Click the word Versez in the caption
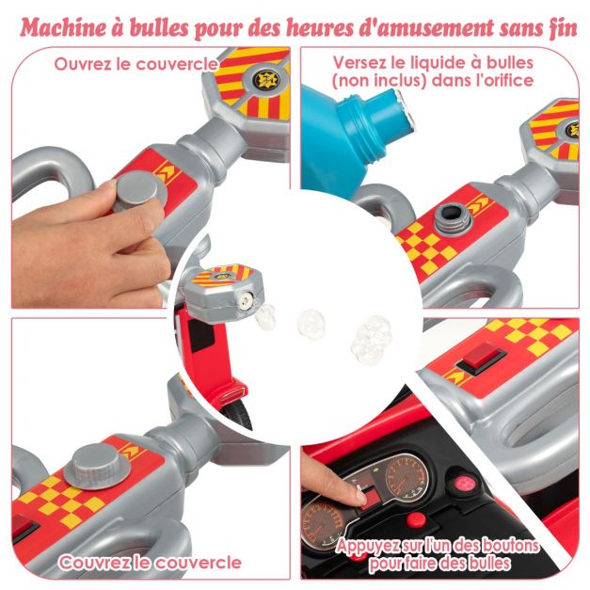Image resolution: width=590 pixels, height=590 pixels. click(360, 63)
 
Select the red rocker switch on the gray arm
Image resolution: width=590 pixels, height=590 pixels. click(480, 357)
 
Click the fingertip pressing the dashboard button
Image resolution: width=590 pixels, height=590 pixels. click(359, 494)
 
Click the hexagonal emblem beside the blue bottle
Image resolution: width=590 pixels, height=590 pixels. click(556, 128)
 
